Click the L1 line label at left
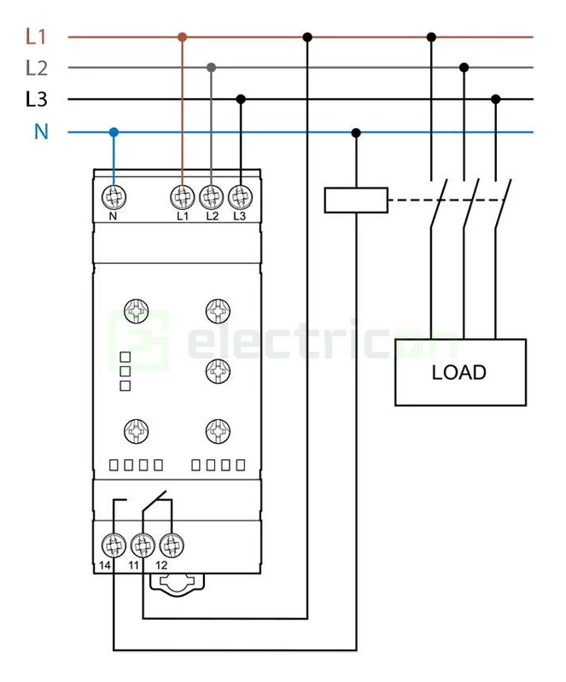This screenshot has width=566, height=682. (35, 37)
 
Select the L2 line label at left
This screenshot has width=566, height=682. (36, 67)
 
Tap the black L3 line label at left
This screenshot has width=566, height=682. (36, 100)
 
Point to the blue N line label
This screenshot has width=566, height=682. (40, 132)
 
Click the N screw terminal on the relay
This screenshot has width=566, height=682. (113, 197)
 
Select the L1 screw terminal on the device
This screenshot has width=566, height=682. (182, 197)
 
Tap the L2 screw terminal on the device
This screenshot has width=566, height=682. (211, 197)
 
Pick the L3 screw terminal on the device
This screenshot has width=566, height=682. (240, 197)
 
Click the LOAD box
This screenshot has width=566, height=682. (459, 372)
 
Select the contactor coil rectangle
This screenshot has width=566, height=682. (356, 200)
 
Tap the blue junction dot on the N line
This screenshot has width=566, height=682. (113, 132)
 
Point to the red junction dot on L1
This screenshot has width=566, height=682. (182, 37)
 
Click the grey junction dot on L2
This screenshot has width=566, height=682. (211, 67)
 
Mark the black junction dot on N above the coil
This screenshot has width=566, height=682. (356, 132)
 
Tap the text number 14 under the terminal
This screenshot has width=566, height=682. (104, 566)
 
